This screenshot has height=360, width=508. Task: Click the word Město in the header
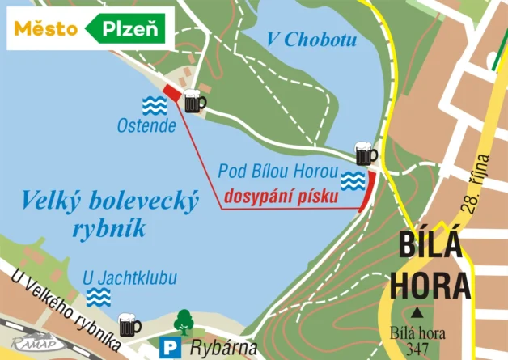45,29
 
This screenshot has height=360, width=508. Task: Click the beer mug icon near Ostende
193,101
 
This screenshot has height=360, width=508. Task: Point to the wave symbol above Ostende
155,104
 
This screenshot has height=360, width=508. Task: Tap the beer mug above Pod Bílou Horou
366,153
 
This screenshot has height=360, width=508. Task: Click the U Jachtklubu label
129,279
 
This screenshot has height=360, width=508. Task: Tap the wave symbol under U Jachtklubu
99,297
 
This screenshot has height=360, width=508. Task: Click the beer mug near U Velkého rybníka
129,324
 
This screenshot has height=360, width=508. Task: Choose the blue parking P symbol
171,348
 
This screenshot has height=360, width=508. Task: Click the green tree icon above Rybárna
184,321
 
